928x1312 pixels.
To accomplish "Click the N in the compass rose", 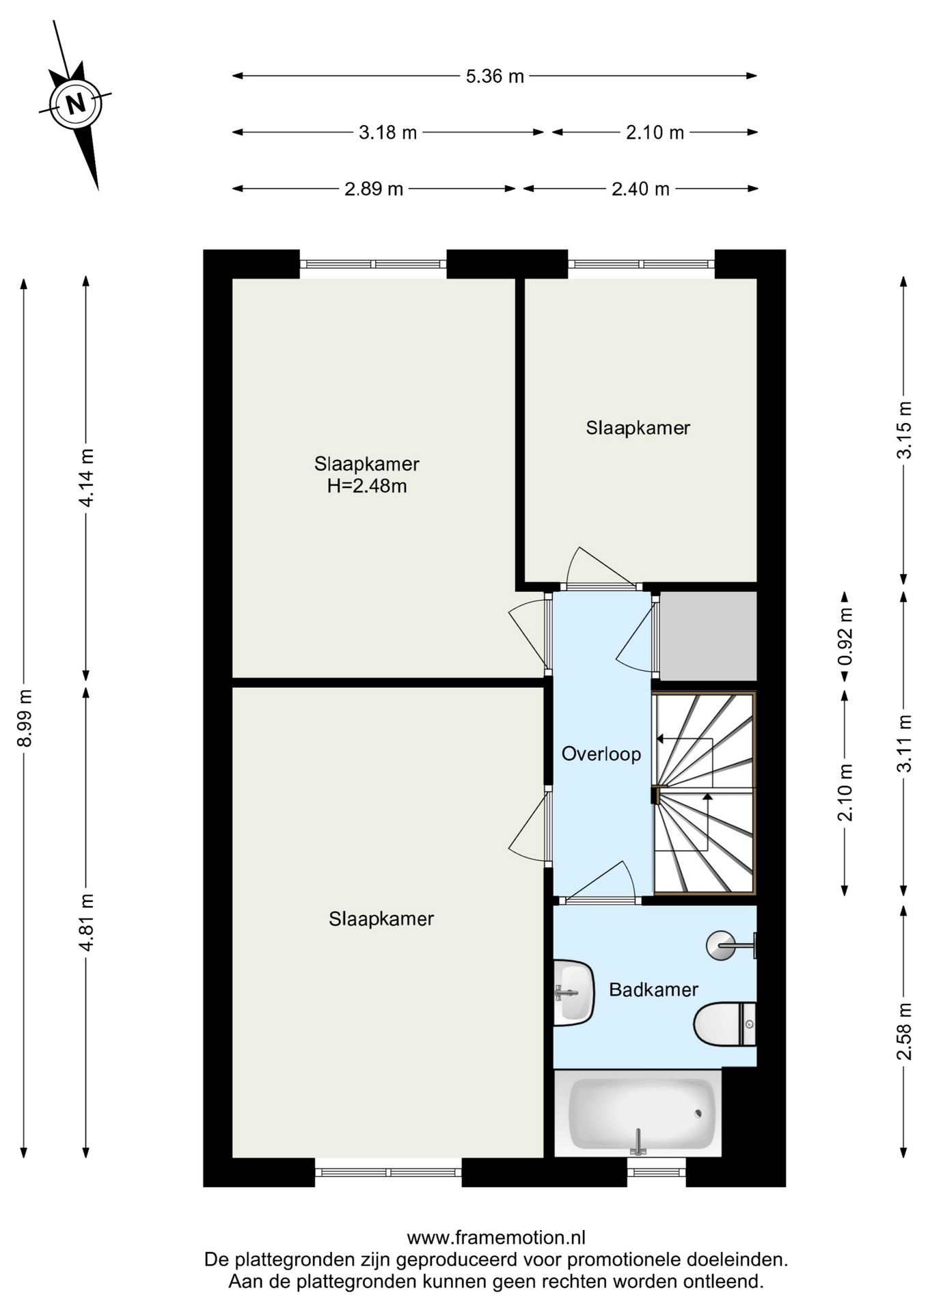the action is tap(76, 104).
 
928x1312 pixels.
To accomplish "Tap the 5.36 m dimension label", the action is tap(495, 76).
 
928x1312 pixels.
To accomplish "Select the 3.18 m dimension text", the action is tap(387, 132).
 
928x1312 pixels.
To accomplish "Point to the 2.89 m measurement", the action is tap(374, 189).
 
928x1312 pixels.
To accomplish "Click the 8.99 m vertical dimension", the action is tap(25, 717).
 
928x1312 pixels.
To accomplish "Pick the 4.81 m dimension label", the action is tap(86, 922).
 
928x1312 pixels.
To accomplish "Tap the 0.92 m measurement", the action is tap(845, 636).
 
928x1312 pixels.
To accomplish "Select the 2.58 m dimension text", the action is tap(904, 1031).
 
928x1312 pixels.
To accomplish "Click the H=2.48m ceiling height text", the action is tap(367, 486).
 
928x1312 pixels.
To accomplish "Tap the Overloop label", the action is tap(601, 754).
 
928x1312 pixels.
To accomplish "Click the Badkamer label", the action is tap(653, 989).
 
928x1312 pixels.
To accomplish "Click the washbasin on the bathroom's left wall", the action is tap(573, 993).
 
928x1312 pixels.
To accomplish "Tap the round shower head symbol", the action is tap(720, 946).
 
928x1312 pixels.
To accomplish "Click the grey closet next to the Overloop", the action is tap(708, 635).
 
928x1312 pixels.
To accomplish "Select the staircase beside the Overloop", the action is tap(705, 793).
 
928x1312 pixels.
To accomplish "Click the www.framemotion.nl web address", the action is tap(496, 1238).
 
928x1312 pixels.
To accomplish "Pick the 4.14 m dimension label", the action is tap(86, 478).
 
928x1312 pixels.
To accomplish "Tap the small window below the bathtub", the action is tap(657, 1172).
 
